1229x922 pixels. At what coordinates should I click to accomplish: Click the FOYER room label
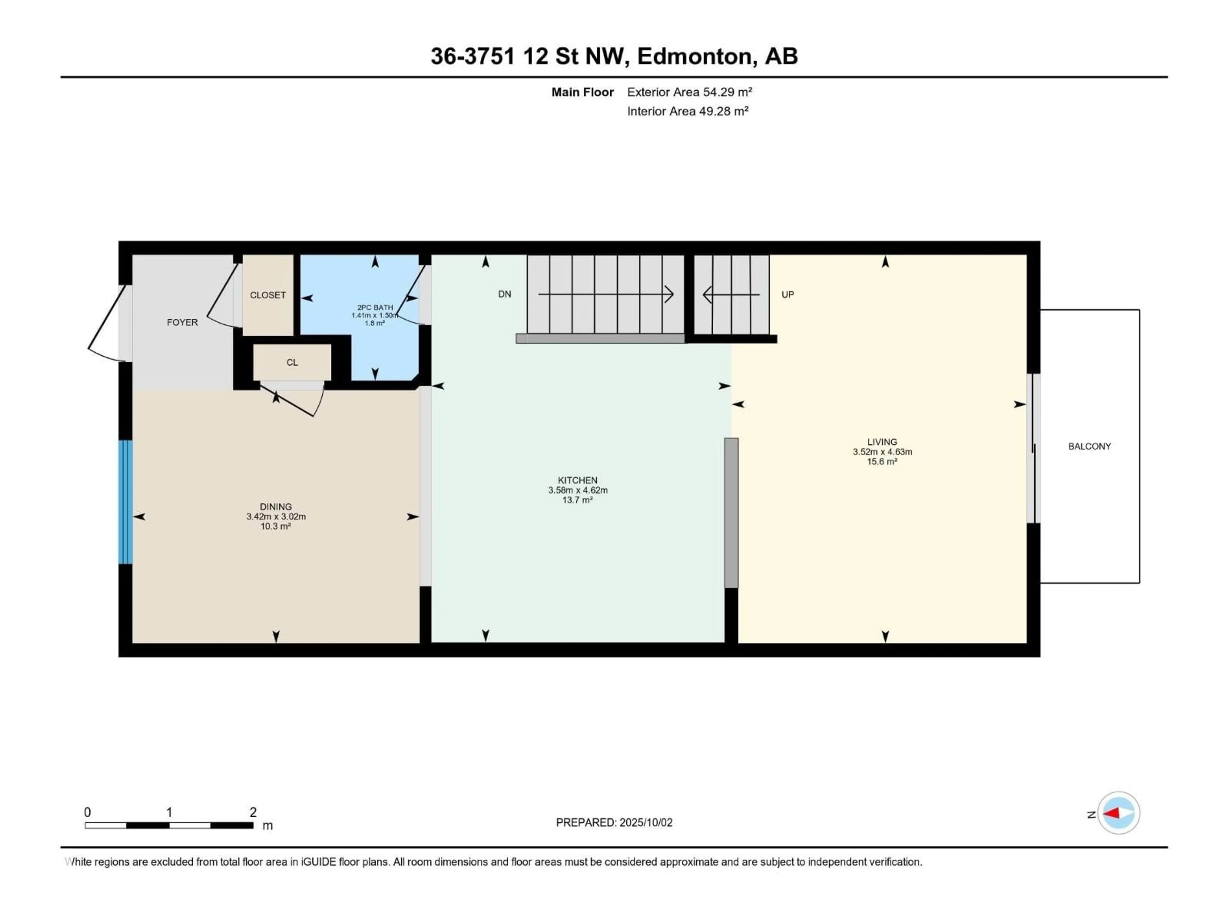click(182, 322)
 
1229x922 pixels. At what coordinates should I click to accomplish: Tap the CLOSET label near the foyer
click(268, 295)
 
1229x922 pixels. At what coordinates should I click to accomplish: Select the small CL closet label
click(292, 362)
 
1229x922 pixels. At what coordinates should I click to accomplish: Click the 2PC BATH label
click(375, 307)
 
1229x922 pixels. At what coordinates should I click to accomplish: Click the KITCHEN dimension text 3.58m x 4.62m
click(578, 490)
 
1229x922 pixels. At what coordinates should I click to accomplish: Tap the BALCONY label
click(1089, 446)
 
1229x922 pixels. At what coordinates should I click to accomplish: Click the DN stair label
click(504, 294)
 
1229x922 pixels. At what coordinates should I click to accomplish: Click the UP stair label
click(787, 295)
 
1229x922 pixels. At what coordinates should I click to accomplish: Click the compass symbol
click(1119, 813)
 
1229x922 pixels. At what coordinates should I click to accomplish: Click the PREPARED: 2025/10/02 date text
click(614, 822)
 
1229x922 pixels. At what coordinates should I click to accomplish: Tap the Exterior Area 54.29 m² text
click(689, 92)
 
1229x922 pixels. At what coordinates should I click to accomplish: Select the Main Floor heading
click(582, 92)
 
